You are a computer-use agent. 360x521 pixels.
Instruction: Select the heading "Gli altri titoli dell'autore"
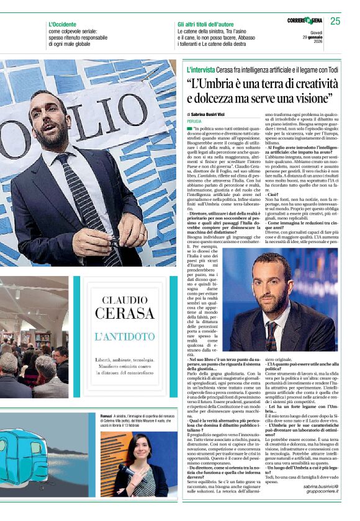click(210, 24)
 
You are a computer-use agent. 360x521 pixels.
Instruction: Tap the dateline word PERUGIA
click(196, 122)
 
